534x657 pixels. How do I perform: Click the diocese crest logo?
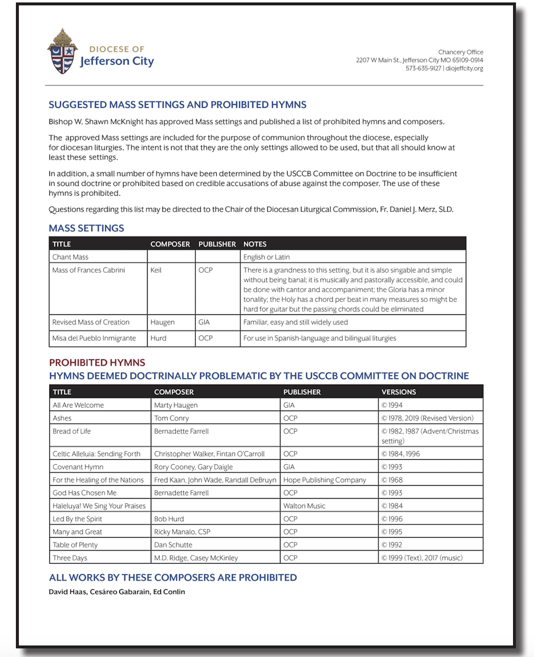(x=62, y=52)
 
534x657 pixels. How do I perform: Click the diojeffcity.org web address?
(x=464, y=69)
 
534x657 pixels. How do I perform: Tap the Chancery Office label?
(x=461, y=52)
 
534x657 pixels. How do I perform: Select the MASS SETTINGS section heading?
(x=86, y=228)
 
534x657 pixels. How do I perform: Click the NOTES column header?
(x=255, y=244)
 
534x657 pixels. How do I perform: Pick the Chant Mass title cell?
(x=70, y=257)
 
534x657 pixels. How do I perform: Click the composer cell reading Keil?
(x=156, y=270)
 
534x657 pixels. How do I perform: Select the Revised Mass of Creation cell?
(x=91, y=322)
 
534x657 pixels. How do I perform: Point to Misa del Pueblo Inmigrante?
(x=94, y=338)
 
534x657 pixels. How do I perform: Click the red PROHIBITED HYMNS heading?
(x=97, y=363)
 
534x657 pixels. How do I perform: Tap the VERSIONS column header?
(x=399, y=392)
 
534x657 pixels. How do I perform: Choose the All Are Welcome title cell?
(x=78, y=405)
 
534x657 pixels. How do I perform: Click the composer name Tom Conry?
(x=171, y=418)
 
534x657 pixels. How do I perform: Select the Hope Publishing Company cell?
(x=324, y=480)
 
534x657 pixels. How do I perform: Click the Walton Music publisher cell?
(x=304, y=506)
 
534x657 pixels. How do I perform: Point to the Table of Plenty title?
(x=75, y=545)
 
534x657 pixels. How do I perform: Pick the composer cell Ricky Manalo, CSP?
(x=182, y=532)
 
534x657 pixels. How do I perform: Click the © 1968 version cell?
(x=392, y=480)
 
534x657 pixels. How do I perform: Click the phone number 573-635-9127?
(x=423, y=69)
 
